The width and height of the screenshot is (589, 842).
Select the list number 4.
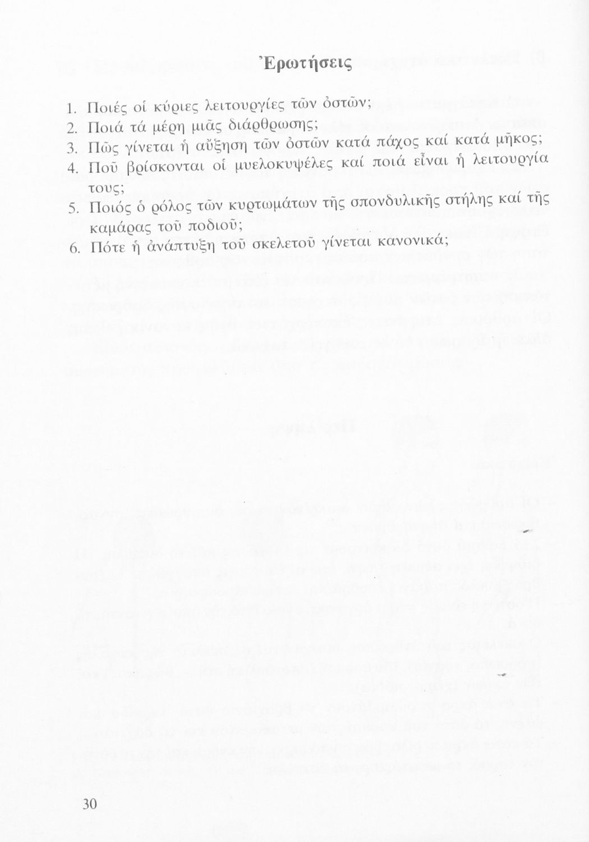coord(71,168)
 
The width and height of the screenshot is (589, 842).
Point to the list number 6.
coord(72,248)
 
